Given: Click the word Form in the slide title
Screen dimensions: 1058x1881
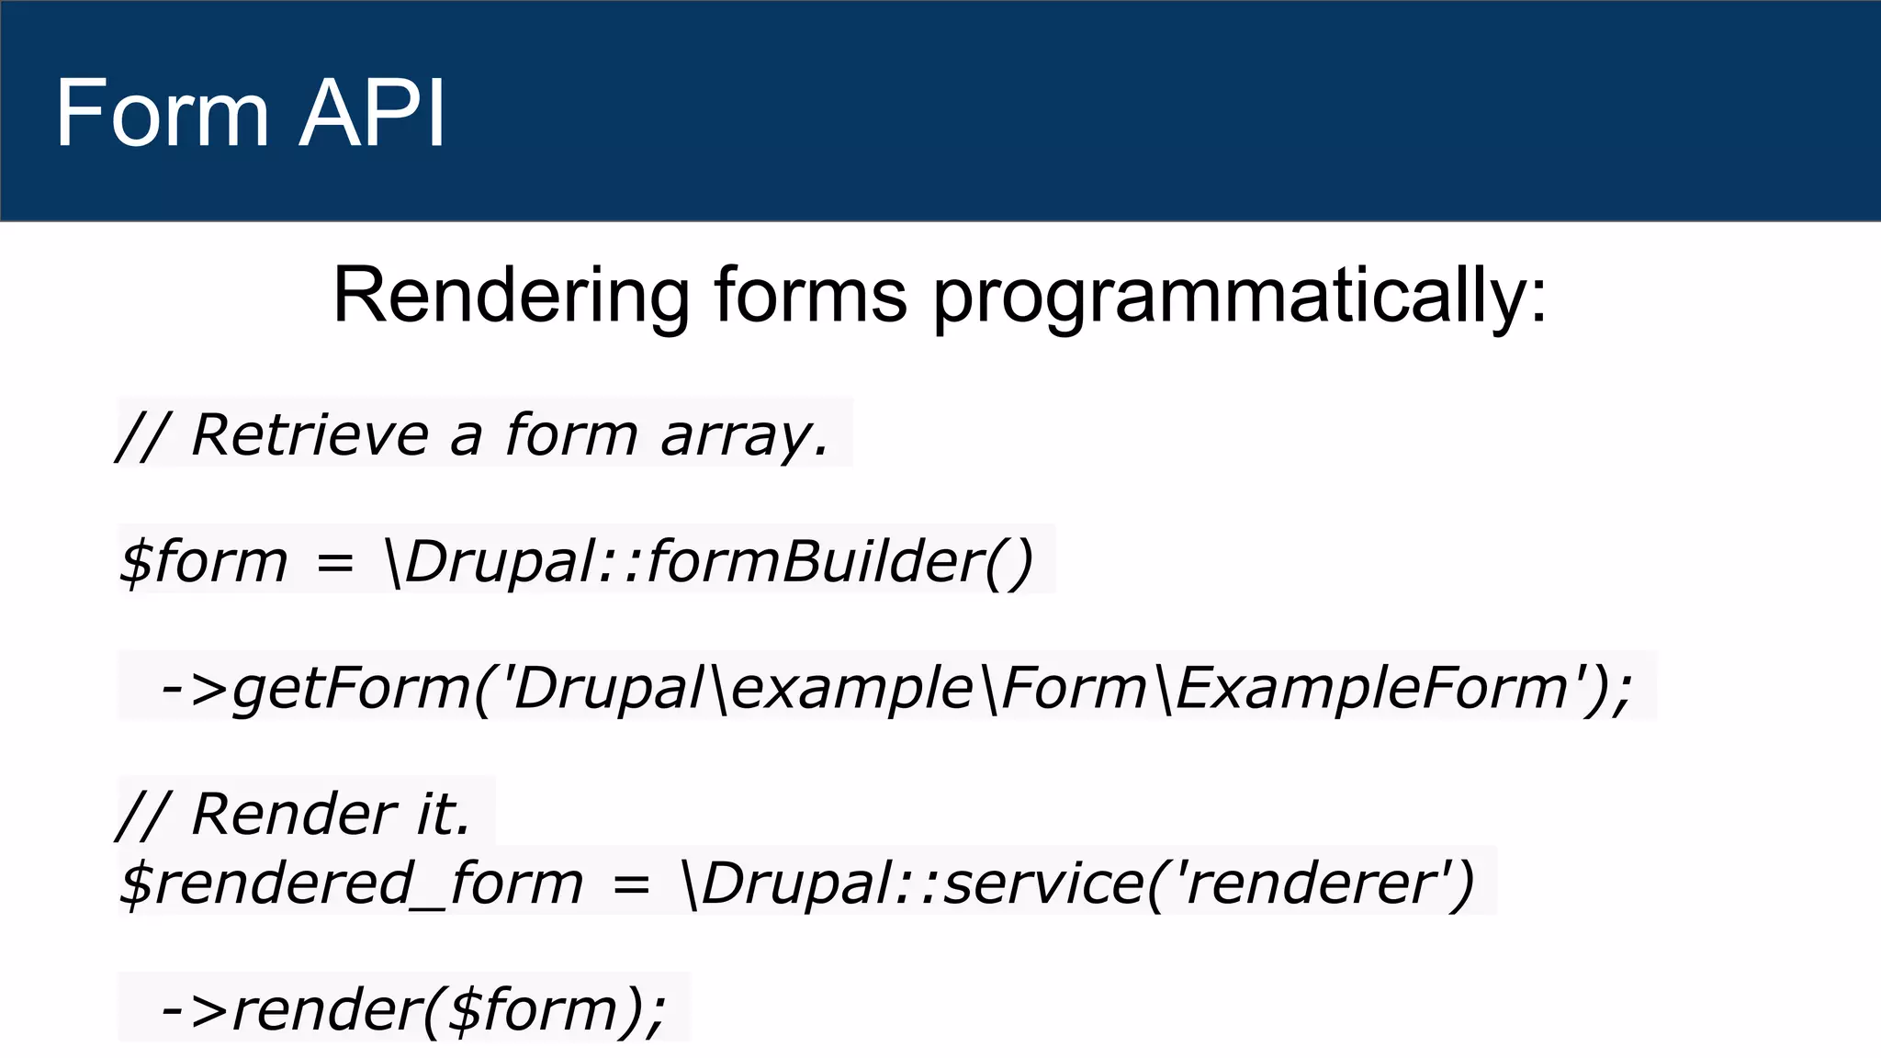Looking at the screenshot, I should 161,113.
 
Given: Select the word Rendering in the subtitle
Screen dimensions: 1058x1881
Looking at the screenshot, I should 511,296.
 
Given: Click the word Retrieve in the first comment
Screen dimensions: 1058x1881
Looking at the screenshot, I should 310,435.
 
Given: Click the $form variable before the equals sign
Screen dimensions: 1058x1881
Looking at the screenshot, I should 203,561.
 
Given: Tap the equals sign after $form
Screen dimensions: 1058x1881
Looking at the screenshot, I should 334,563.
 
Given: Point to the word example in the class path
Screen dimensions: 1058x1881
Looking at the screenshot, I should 852,689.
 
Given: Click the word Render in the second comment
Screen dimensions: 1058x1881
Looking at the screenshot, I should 294,814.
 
